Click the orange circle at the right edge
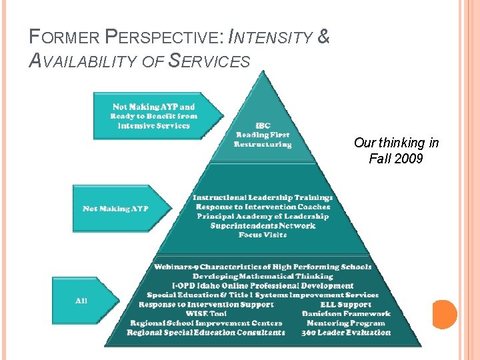445,314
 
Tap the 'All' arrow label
81,301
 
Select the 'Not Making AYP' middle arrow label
115,209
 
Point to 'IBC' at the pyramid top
262,125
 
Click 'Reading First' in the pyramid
262,134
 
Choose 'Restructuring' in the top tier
262,144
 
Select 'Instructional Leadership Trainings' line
262,197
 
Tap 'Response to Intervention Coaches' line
262,207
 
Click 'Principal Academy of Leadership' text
262,216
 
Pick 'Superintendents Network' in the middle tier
262,225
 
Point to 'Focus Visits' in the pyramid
262,235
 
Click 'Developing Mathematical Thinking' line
262,276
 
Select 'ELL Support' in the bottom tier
345,304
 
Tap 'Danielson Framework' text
345,313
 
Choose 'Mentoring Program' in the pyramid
345,323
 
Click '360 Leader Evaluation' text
345,332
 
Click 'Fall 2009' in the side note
395,159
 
